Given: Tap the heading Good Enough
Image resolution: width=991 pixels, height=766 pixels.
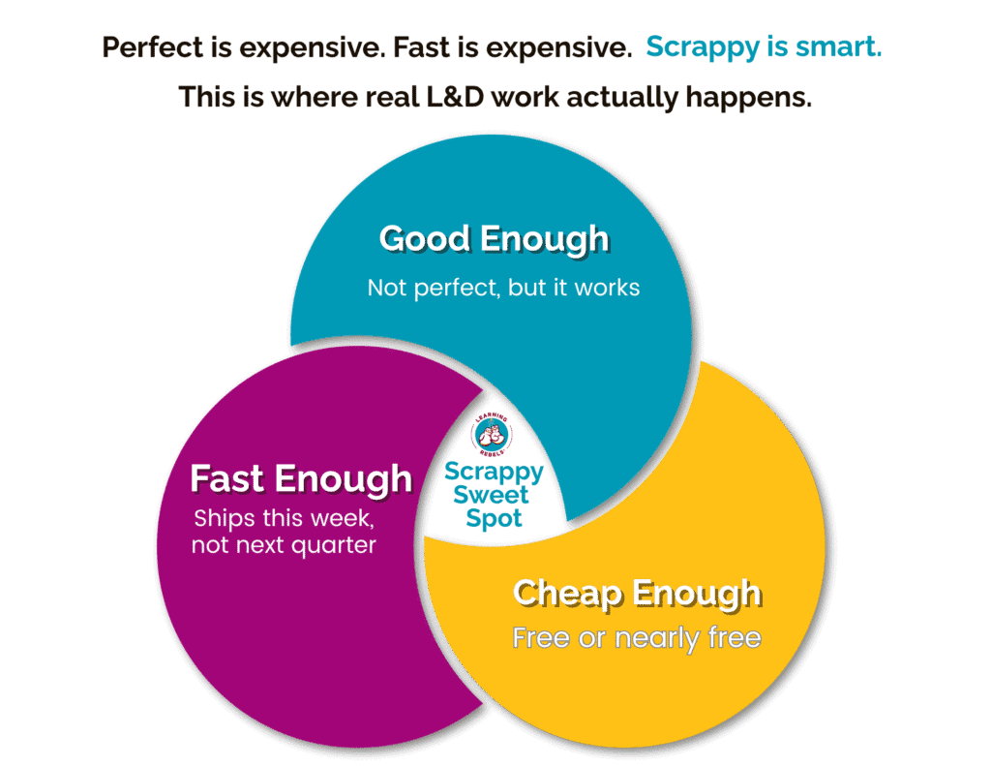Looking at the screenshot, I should (x=494, y=238).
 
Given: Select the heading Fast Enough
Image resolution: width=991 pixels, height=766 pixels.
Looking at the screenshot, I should (x=301, y=478).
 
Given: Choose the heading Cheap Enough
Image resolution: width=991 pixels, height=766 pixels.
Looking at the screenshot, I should (x=636, y=593).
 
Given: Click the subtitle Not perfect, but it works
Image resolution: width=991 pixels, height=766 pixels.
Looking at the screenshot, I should (x=503, y=288).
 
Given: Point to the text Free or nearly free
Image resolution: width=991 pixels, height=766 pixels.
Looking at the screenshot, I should (x=636, y=638).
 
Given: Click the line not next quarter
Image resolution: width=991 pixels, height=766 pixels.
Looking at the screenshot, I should (x=284, y=545).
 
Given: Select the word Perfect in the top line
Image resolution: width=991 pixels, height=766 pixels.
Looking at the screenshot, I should (x=146, y=47).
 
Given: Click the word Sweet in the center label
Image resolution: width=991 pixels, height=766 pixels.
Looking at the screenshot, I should (x=493, y=496).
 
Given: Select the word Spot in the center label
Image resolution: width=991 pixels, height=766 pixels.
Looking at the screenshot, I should (x=494, y=519).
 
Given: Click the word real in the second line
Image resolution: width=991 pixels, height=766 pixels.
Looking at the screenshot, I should (x=414, y=97).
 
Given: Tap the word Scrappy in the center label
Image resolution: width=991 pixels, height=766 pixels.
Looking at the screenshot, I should (x=494, y=473).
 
